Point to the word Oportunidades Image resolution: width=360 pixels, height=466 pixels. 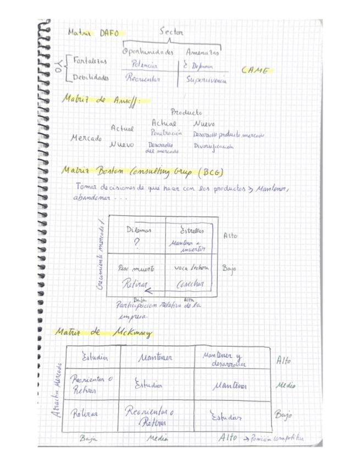[147, 53]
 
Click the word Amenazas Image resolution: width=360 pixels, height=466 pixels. [202, 53]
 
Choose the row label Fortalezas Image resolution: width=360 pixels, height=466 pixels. [91, 60]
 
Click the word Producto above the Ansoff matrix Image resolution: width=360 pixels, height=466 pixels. [186, 112]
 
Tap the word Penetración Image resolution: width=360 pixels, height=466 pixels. [166, 133]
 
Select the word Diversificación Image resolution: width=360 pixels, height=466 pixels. [213, 147]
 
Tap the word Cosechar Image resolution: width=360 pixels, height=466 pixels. [190, 284]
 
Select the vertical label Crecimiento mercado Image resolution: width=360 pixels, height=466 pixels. [101, 256]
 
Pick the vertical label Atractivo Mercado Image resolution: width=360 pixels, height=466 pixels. [57, 391]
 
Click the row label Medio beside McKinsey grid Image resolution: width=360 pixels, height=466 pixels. [285, 386]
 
